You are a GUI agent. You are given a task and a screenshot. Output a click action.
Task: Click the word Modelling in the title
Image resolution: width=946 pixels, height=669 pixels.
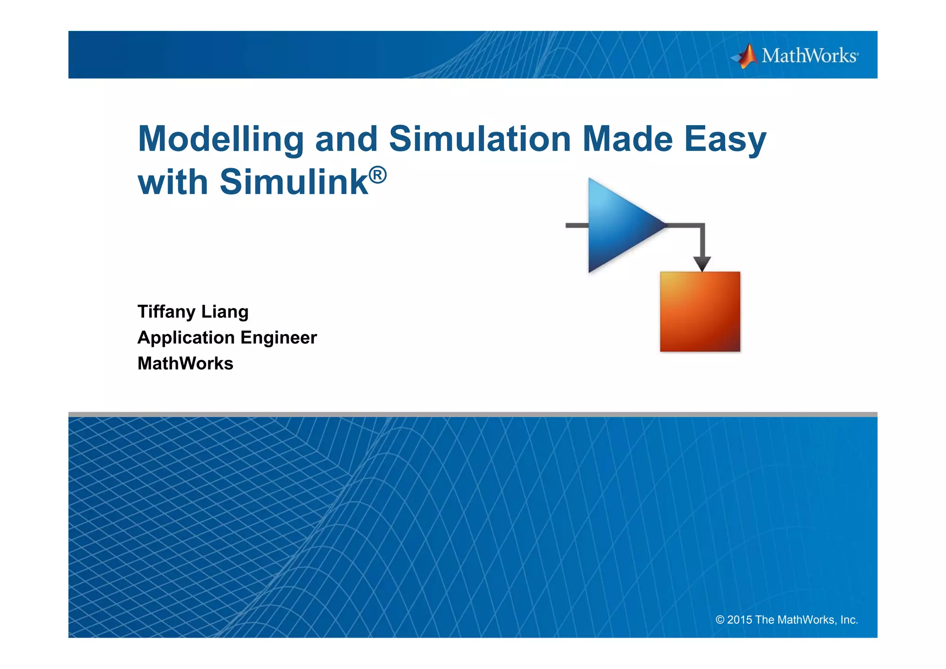(x=221, y=139)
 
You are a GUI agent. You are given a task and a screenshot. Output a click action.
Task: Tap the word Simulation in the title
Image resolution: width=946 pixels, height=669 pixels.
(x=480, y=139)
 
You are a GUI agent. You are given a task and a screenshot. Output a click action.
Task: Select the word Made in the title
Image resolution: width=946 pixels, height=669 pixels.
(x=627, y=139)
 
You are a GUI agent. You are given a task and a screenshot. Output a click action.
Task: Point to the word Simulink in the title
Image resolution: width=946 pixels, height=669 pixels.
(x=294, y=182)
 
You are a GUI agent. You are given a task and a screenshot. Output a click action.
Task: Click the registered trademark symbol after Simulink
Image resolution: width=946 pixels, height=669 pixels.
(x=378, y=176)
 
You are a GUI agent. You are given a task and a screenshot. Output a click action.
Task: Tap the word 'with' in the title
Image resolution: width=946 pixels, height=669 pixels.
(x=173, y=182)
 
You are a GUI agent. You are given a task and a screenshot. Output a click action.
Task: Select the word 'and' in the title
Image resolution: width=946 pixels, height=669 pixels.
(x=346, y=139)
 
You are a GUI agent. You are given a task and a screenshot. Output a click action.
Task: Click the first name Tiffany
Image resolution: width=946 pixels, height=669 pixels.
(x=166, y=312)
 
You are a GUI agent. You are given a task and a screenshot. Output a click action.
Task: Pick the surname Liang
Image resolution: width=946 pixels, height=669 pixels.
(x=225, y=312)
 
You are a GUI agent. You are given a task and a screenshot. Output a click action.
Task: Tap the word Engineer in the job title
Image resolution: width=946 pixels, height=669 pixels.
(x=279, y=338)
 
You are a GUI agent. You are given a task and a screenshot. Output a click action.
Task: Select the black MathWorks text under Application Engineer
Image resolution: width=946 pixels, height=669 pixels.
(x=185, y=364)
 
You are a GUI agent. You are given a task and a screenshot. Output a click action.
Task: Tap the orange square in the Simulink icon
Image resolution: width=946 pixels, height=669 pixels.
(x=700, y=312)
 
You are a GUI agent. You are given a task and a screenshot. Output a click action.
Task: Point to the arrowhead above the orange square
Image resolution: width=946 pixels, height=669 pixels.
(x=702, y=264)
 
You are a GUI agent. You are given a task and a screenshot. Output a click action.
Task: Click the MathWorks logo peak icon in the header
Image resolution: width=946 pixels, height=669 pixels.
(x=746, y=56)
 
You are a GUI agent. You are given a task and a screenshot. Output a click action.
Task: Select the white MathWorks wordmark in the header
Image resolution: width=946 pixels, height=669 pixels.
(x=810, y=56)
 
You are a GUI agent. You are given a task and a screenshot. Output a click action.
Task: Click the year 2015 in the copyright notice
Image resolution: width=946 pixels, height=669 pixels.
(x=740, y=620)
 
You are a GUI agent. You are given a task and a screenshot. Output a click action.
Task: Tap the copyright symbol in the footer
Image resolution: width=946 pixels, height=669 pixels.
(x=720, y=620)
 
